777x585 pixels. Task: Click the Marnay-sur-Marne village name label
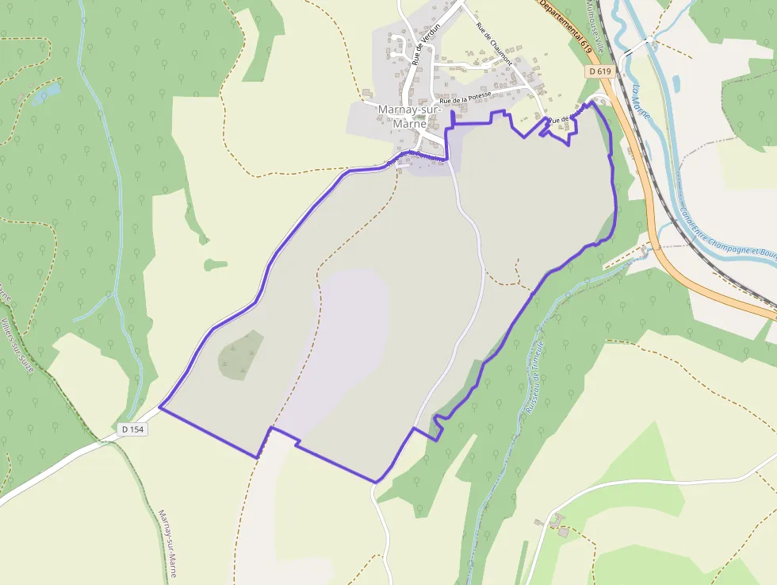(404, 116)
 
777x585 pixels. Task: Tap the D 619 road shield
(601, 71)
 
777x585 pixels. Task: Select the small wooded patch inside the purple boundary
(241, 354)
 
